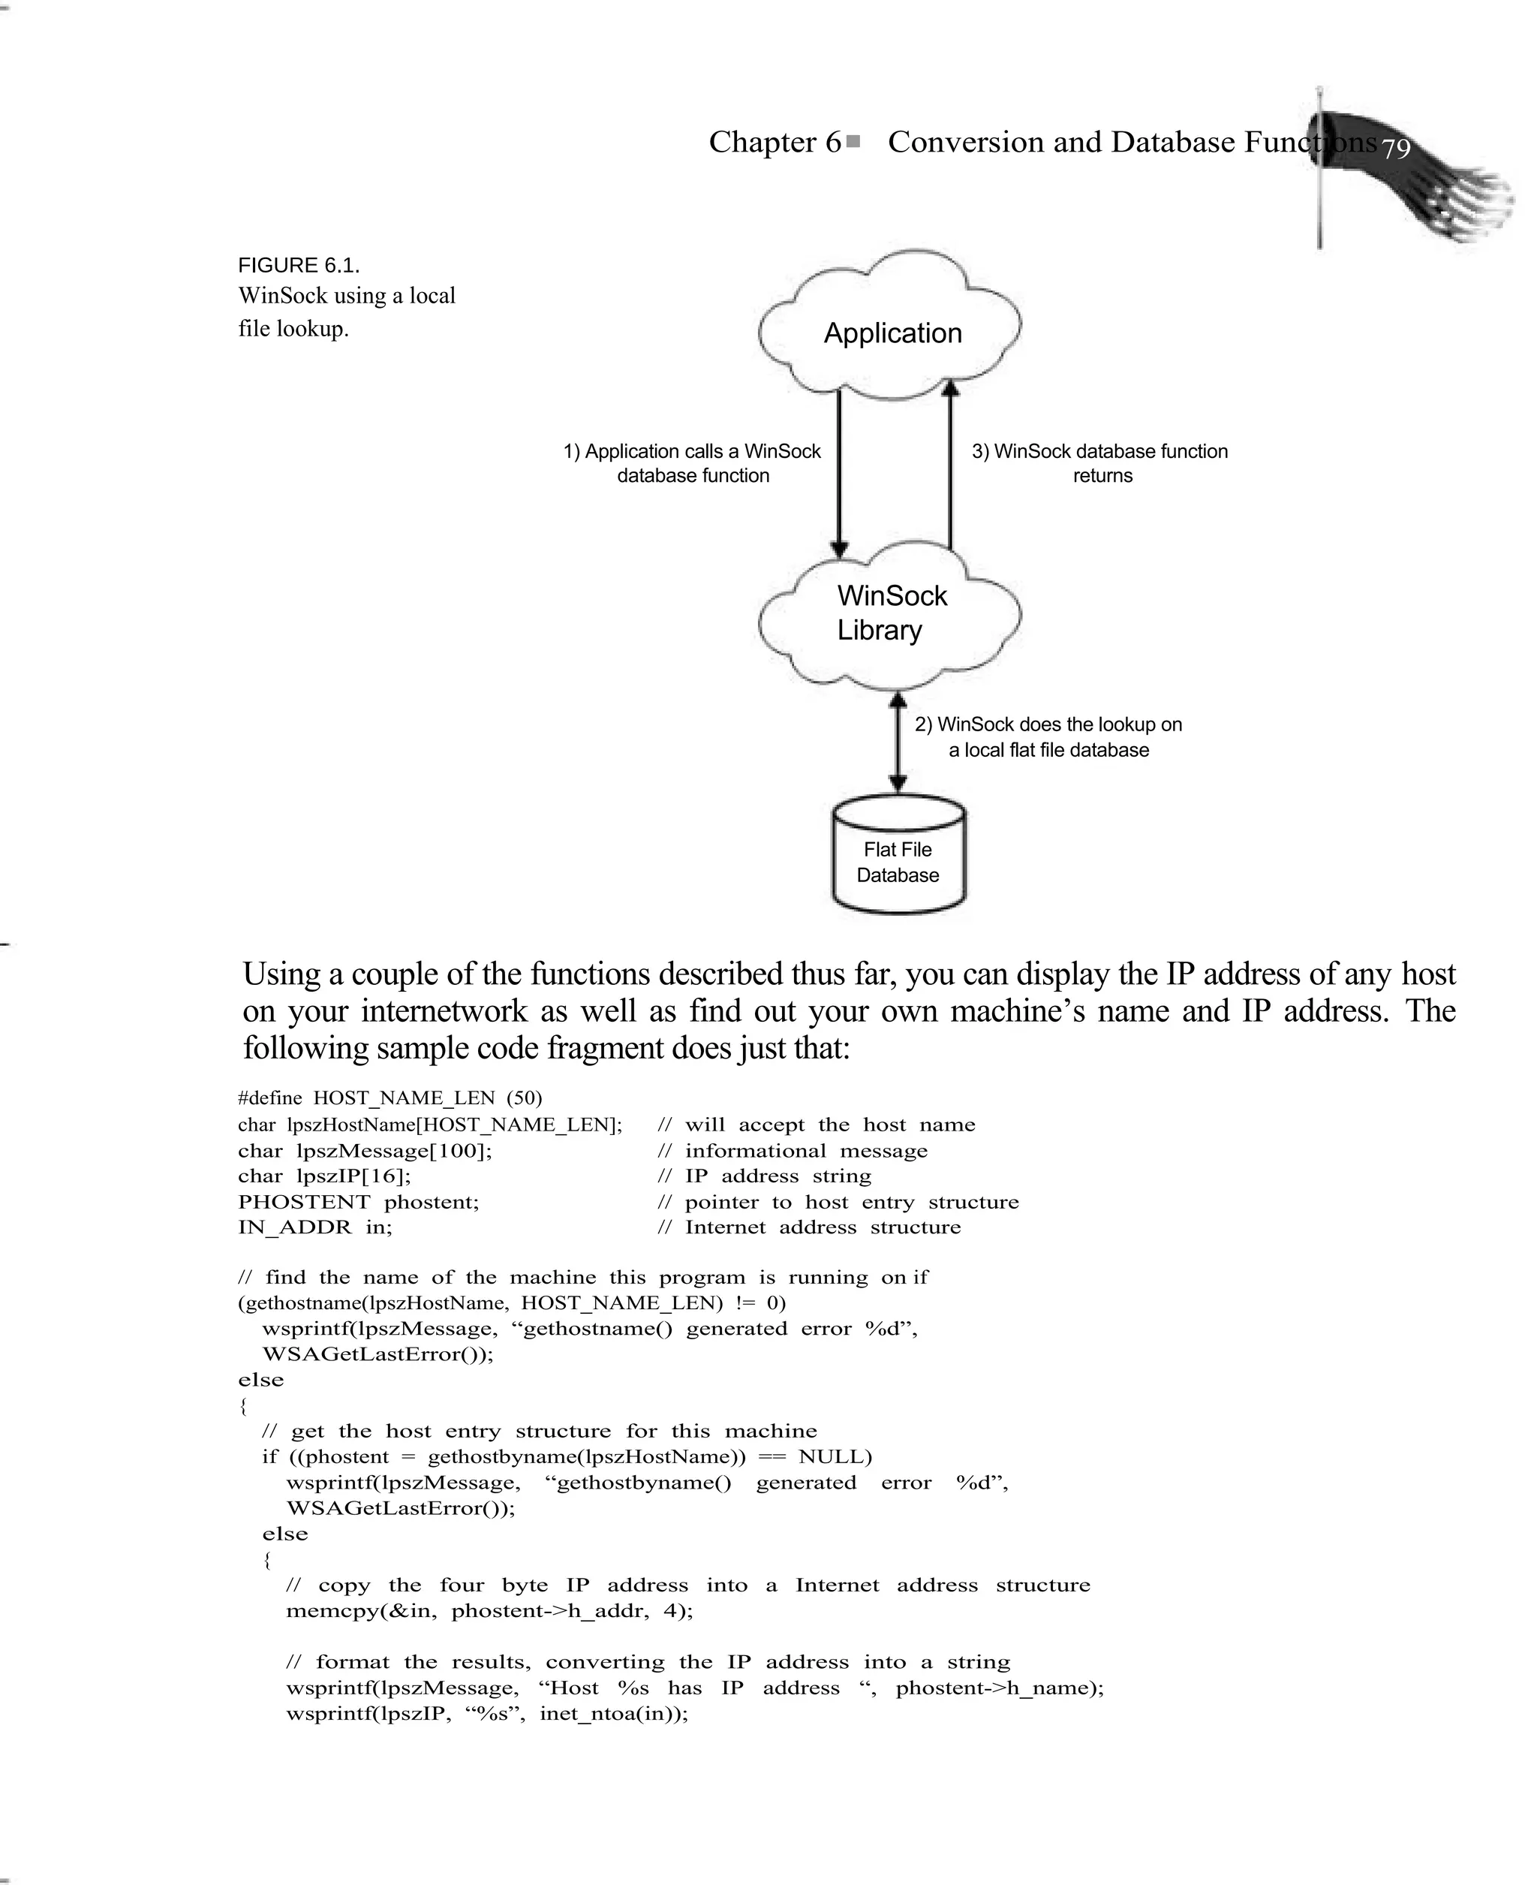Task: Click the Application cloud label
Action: [x=892, y=333]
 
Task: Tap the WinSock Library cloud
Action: [x=891, y=613]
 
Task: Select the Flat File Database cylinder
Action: [x=898, y=857]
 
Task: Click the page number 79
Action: [x=1395, y=149]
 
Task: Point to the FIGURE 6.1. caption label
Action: [x=299, y=266]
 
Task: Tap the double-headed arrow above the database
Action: [x=897, y=742]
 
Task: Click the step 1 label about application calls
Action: [x=693, y=463]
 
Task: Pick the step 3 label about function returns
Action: [x=1099, y=463]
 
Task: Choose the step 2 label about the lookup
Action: [x=1048, y=736]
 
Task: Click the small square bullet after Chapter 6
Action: [x=853, y=141]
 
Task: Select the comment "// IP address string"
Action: [x=764, y=1176]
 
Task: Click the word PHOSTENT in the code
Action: [x=304, y=1201]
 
